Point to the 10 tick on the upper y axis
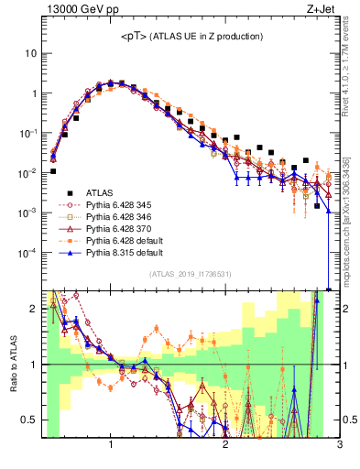[30, 53]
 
